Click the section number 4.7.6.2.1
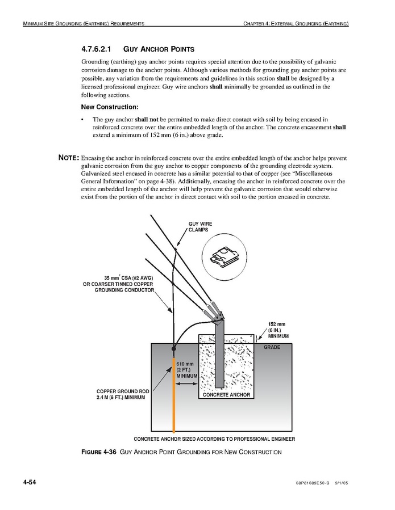pos(99,49)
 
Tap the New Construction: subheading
pos(109,107)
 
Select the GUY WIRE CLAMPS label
pos(200,227)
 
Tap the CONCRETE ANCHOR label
pos(226,395)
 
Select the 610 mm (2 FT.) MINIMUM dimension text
pos(186,369)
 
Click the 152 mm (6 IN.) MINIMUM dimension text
pos(278,330)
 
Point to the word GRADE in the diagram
pos(272,347)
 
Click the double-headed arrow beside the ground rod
pos(186,384)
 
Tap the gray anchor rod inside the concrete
pos(219,352)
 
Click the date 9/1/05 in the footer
pos(340,483)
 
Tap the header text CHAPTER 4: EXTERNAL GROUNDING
pos(296,24)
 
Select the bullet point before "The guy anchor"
pos(83,120)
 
